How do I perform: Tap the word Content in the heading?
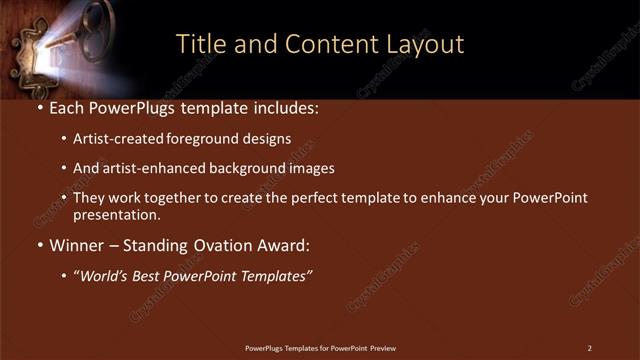[328, 44]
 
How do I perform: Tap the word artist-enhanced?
[155, 168]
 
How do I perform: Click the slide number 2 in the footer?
[589, 348]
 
